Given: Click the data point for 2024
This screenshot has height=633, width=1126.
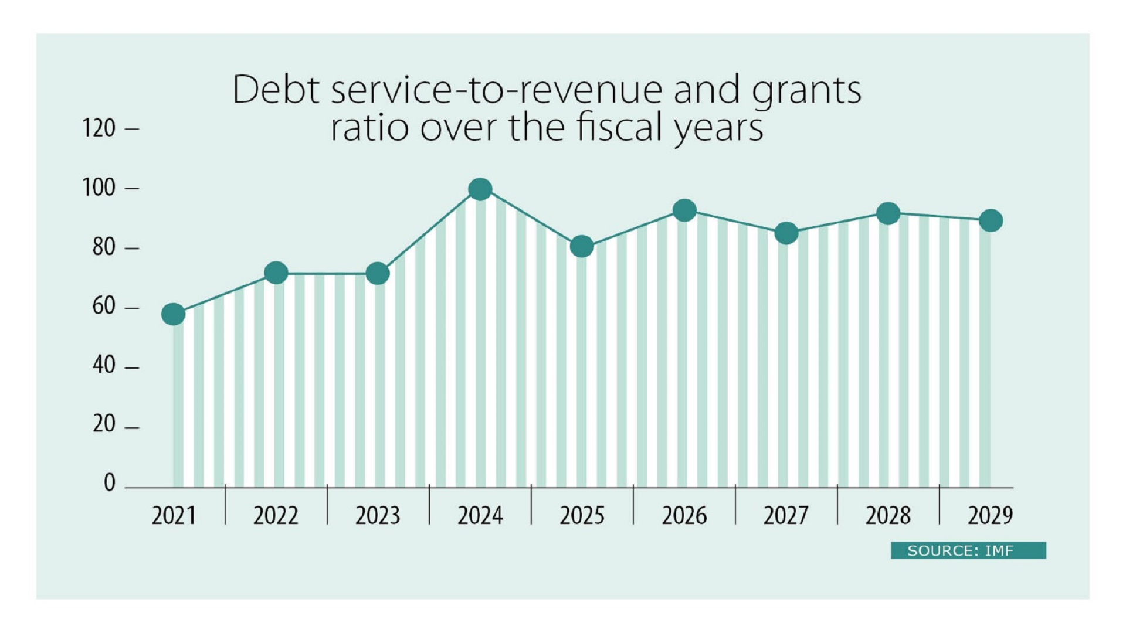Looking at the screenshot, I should [x=480, y=189].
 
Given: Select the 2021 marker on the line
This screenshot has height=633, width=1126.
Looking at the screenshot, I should [x=174, y=315].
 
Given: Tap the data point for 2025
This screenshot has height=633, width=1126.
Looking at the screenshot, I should [x=582, y=246].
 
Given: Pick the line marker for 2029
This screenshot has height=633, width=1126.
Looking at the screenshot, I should [x=991, y=221].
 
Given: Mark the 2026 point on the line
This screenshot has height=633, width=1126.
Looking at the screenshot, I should [x=684, y=210].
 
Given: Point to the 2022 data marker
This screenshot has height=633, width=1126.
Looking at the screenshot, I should [x=276, y=273].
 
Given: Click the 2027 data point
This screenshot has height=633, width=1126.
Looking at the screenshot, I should [x=786, y=233].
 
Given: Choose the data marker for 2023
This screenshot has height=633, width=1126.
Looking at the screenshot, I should [x=378, y=273].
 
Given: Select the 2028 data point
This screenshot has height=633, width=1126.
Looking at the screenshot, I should [x=888, y=213].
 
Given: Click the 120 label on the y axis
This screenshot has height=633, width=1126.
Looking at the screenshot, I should [x=99, y=128].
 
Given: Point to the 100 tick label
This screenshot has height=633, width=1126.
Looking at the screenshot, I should [x=99, y=188].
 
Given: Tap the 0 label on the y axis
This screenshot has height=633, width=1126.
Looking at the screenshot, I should [x=109, y=483].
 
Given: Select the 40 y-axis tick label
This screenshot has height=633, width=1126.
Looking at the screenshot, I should [x=104, y=366].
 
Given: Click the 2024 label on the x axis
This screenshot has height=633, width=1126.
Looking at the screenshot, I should [x=480, y=516].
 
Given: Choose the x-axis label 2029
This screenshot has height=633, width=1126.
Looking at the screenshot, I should [x=990, y=516].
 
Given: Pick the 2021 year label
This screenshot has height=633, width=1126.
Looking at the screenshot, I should [x=174, y=516].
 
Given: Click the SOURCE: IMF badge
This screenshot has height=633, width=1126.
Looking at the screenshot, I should [x=968, y=550].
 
